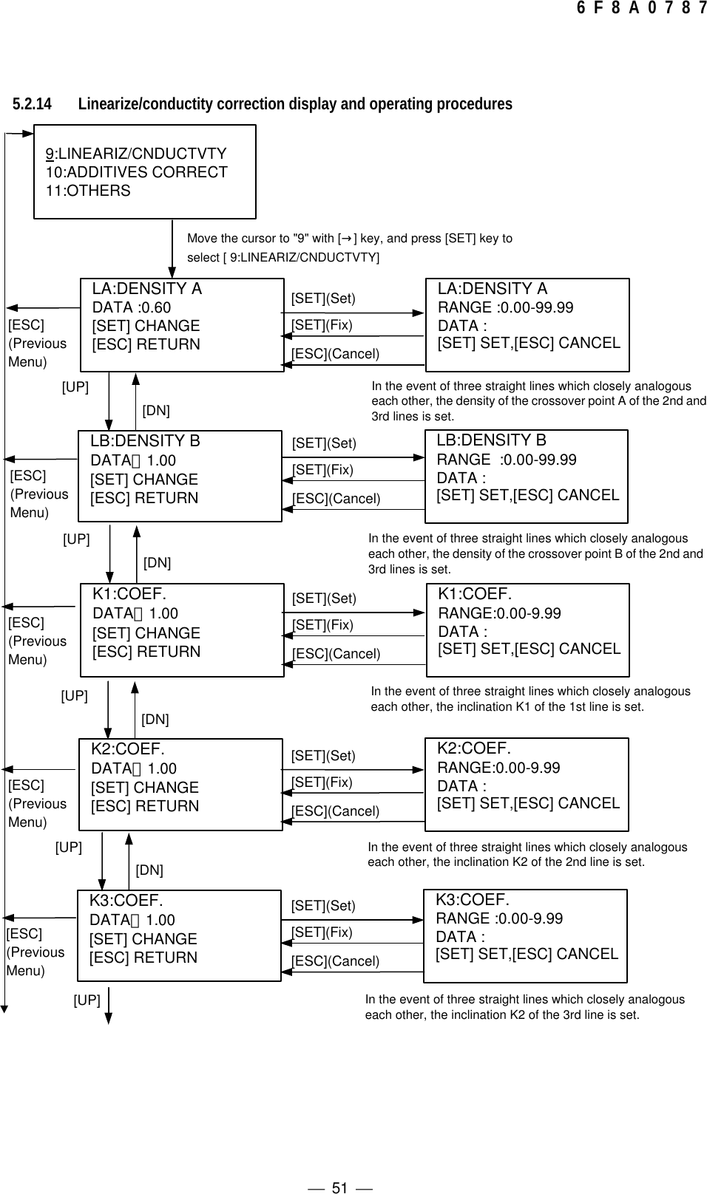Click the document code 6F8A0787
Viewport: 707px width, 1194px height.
coord(640,9)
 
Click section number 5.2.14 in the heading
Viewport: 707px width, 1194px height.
coord(32,104)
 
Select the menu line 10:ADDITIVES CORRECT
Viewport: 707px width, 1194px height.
coord(137,172)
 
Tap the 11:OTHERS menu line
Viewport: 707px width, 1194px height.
coord(88,191)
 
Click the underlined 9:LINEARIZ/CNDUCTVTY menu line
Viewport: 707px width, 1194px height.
coord(136,154)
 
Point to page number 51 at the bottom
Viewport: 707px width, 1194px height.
coord(339,1167)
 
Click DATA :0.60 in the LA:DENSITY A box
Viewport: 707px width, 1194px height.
coord(131,307)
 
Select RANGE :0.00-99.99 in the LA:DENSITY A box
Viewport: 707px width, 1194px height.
coord(505,307)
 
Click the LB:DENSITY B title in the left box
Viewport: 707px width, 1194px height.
coord(145,441)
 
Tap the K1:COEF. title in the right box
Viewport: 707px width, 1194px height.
coord(475,594)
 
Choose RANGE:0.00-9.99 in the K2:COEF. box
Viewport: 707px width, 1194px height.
coord(498,768)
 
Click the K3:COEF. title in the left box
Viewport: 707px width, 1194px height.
coord(126,901)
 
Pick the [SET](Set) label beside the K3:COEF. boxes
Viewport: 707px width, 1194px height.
coord(323,906)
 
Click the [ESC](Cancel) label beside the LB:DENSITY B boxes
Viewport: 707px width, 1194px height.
coord(336,499)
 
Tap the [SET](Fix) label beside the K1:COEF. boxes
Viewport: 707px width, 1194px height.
coord(322,625)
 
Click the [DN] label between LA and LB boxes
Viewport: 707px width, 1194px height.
coord(155,410)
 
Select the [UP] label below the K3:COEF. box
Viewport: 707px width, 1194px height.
coord(87,1000)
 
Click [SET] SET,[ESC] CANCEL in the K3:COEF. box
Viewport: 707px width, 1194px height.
coord(527,954)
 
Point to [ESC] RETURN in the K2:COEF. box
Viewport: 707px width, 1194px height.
coord(144,806)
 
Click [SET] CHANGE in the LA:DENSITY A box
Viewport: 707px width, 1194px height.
coord(146,326)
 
